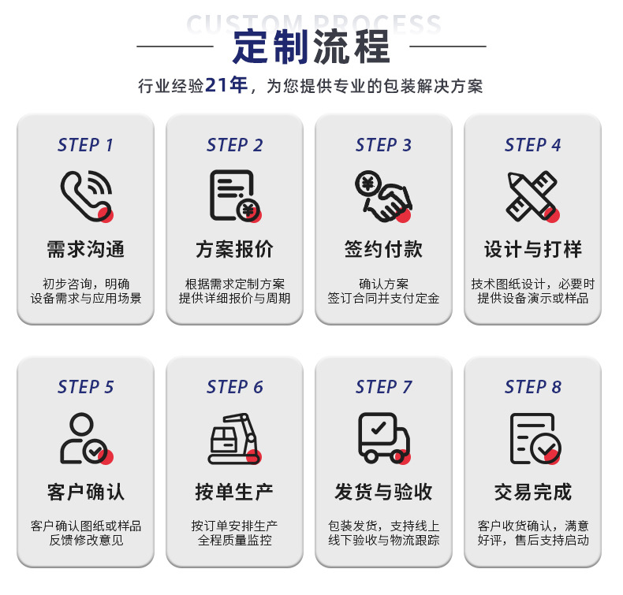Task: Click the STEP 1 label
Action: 85,145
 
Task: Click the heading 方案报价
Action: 234,250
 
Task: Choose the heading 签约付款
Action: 383,250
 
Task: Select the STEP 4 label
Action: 532,145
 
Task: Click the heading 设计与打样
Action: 532,250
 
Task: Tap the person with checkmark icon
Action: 86,438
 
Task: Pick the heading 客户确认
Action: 85,493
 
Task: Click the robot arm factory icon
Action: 234,438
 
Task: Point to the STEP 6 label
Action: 234,387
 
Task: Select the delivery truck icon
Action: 383,438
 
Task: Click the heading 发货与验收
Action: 383,493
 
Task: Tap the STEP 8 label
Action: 532,387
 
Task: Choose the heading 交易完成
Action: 532,493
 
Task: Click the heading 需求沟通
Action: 85,250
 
